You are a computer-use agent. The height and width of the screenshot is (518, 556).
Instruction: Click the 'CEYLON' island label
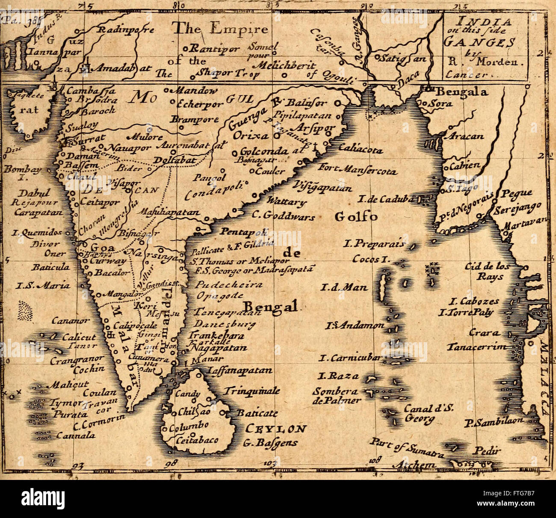pyautogui.click(x=276, y=429)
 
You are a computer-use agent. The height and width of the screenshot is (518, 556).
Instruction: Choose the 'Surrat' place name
pyautogui.click(x=88, y=139)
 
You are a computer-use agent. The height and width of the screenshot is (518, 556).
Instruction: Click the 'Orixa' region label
pyautogui.click(x=251, y=136)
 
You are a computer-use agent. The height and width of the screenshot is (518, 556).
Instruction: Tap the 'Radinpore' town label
pyautogui.click(x=127, y=30)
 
